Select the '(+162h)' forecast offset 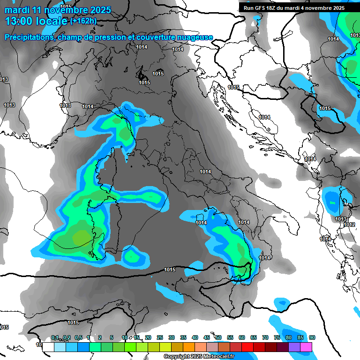(83, 21)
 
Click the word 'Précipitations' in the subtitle (29, 37)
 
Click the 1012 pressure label (349, 225)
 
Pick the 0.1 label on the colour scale (55, 338)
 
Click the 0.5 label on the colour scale (78, 338)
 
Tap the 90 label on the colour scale (312, 338)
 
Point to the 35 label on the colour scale (183, 338)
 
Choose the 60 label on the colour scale (242, 338)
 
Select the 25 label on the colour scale (160, 338)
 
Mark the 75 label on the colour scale (277, 338)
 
